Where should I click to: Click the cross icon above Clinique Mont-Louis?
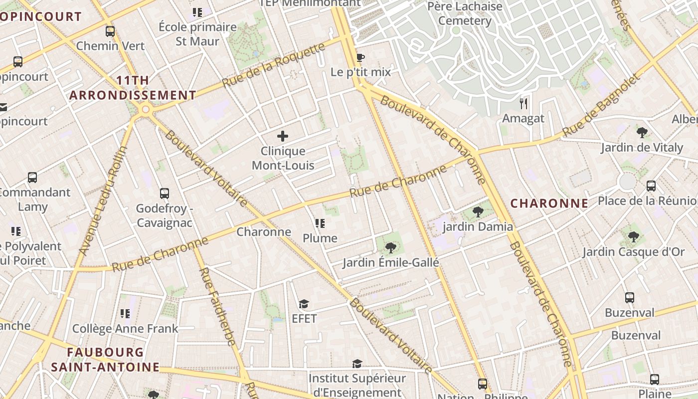283,136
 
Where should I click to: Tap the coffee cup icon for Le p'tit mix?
360,57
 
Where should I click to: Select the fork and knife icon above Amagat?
523,104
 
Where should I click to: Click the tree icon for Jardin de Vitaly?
642,133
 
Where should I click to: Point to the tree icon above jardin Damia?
478,212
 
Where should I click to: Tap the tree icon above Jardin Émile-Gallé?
390,247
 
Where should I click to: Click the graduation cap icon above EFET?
304,304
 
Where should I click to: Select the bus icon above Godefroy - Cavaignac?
164,194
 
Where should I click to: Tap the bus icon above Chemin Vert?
110,31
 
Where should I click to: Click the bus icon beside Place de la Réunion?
651,186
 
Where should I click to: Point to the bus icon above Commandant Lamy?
32,178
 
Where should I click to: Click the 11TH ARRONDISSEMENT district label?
133,88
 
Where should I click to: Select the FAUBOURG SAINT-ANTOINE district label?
105,360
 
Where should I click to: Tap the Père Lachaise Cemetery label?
465,13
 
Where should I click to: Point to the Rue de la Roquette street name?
273,65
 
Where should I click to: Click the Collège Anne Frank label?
125,329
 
